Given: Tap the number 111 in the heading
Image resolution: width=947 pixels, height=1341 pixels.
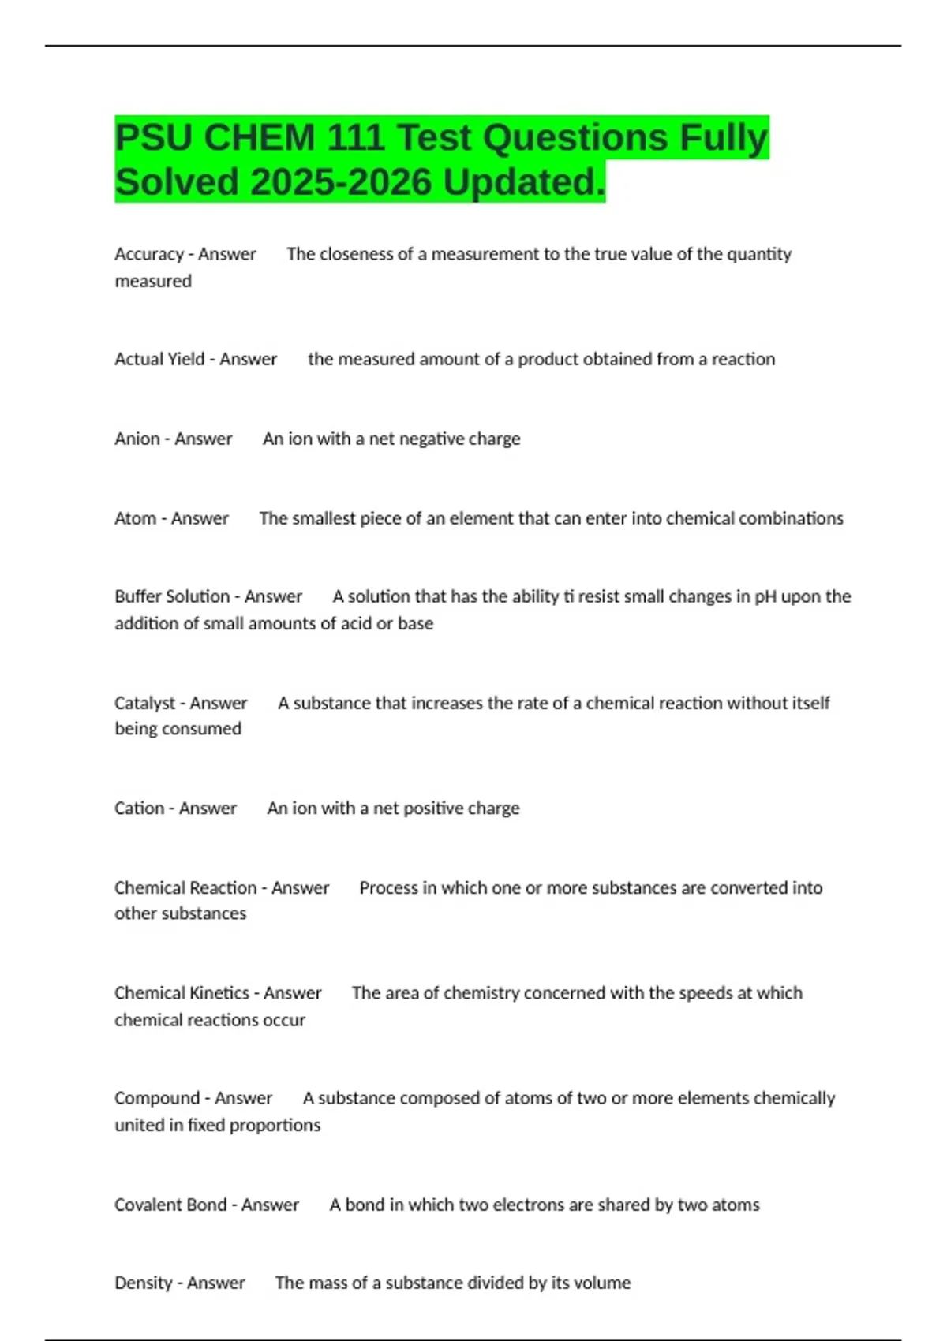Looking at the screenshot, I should (x=355, y=138).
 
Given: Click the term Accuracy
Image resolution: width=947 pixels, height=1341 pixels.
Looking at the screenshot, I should (x=149, y=254).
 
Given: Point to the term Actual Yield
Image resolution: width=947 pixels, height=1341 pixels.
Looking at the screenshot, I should (x=159, y=359).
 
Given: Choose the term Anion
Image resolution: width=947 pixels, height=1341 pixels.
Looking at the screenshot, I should (x=137, y=439).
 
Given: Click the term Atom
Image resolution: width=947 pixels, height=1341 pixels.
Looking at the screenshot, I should (x=136, y=518).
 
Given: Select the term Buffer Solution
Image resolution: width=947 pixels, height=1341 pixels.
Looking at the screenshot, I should (x=172, y=596).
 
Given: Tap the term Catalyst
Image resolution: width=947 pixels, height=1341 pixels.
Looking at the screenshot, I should (x=145, y=703).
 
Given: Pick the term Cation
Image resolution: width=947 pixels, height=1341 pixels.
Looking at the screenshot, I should (x=140, y=808).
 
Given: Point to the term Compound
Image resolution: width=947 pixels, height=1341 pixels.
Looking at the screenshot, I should (x=157, y=1098).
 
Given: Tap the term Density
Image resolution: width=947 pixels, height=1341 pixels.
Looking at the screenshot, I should (x=144, y=1283).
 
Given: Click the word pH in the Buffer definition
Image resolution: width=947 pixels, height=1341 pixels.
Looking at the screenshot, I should (x=765, y=596).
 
